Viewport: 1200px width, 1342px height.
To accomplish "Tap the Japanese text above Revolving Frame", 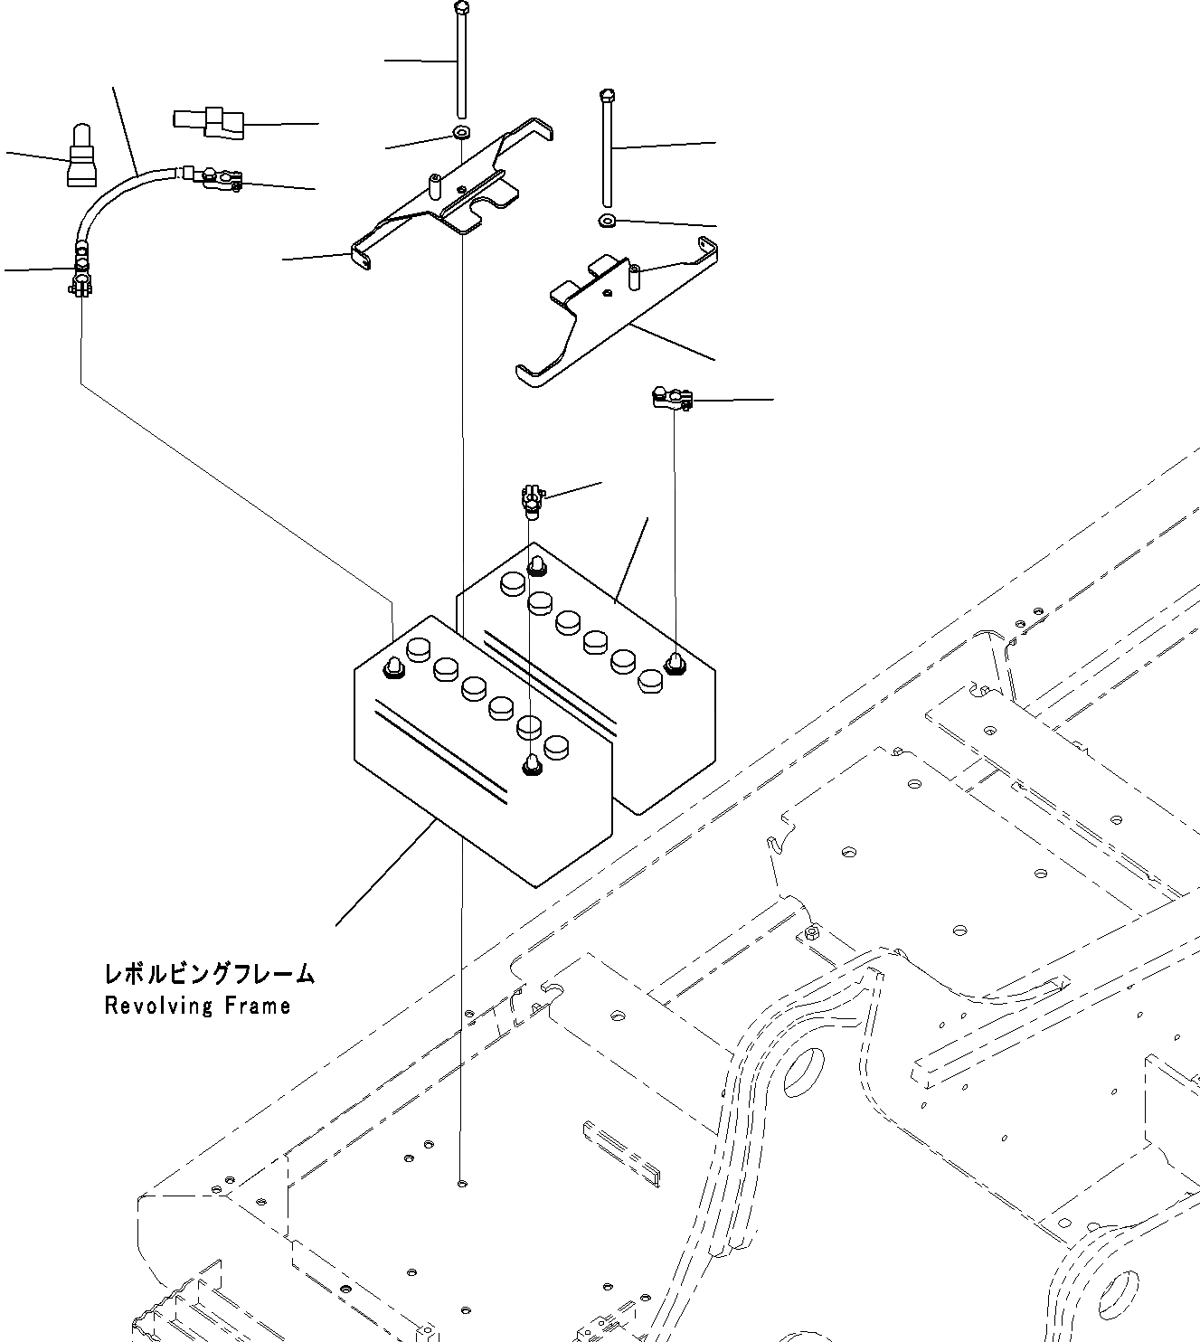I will tap(209, 974).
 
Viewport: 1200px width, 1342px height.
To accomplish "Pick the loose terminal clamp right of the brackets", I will tap(672, 397).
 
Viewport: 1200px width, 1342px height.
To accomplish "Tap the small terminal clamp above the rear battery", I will tap(531, 497).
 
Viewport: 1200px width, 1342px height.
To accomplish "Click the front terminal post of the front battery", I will tap(532, 764).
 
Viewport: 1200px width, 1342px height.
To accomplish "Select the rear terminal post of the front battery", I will tap(393, 667).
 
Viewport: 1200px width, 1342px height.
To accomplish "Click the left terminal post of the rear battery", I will tap(537, 567).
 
